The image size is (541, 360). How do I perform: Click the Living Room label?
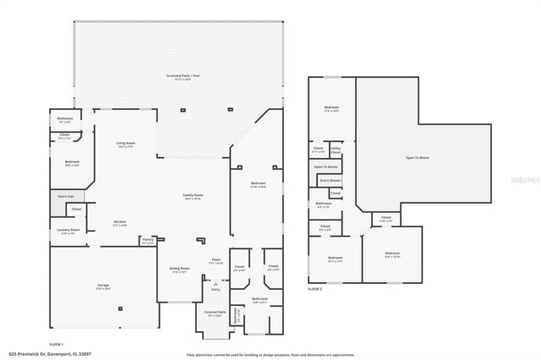tap(125, 144)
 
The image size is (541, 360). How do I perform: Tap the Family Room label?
tap(193, 196)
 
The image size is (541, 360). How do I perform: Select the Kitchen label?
tap(120, 223)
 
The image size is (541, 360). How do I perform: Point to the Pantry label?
tap(148, 241)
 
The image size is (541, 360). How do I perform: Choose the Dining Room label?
tap(180, 270)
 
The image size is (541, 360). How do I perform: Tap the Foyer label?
tap(216, 261)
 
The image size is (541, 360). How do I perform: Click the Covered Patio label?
tap(215, 313)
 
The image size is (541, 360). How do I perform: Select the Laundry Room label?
tap(68, 231)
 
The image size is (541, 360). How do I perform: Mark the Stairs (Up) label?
tap(66, 196)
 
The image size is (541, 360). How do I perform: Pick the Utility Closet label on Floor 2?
tap(336, 150)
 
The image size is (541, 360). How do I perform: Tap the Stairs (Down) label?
tap(331, 180)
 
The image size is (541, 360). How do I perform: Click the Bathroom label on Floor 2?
tap(324, 204)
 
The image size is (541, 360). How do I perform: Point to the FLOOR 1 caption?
tap(57, 344)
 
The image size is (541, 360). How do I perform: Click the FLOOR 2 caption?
tap(314, 289)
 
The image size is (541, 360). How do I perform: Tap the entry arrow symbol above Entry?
tap(216, 282)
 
